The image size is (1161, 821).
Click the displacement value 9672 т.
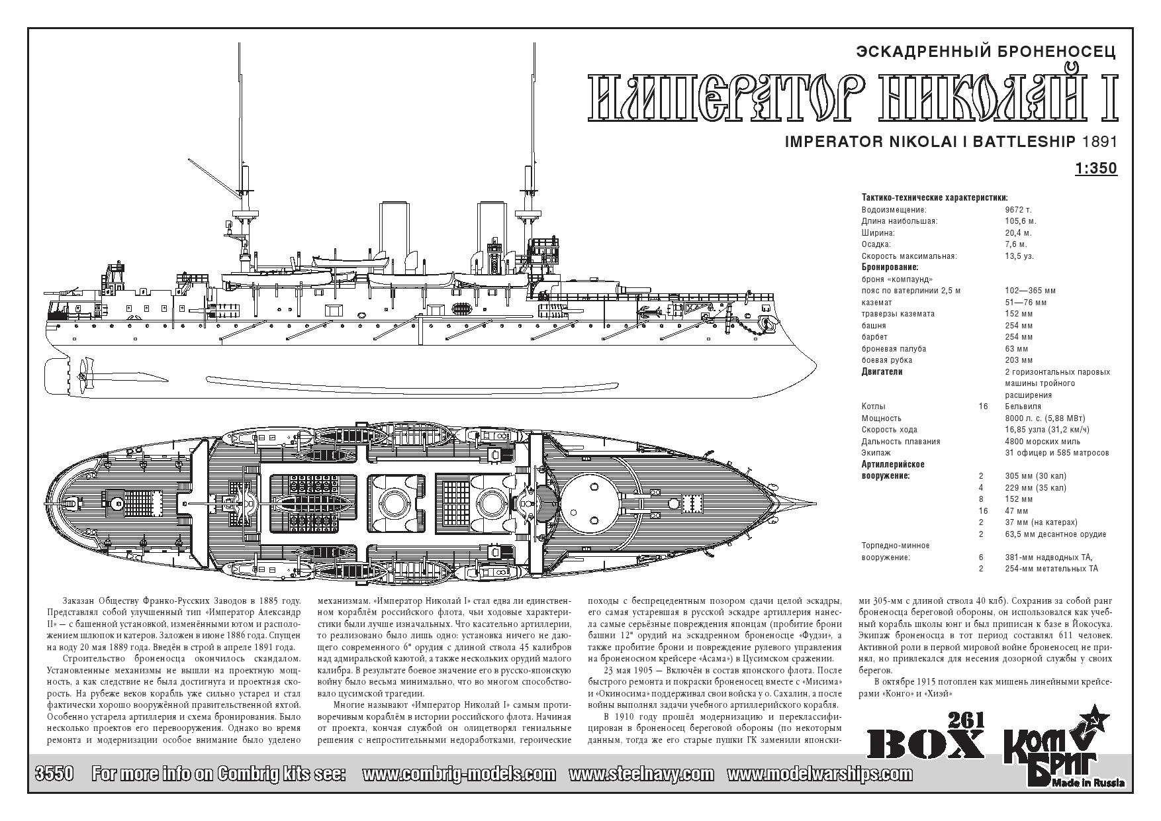pos(1018,209)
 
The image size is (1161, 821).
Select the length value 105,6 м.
pos(1020,221)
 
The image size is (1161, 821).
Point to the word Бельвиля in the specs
pos(1023,407)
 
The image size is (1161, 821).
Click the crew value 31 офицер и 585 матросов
pos(1056,453)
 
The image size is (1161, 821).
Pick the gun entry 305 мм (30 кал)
pos(1035,476)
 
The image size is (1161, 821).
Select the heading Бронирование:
pos(890,267)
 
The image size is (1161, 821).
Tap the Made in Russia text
pos(1092,783)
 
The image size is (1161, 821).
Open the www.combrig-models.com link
pos(459,774)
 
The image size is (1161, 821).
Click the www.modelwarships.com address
pos(819,774)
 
